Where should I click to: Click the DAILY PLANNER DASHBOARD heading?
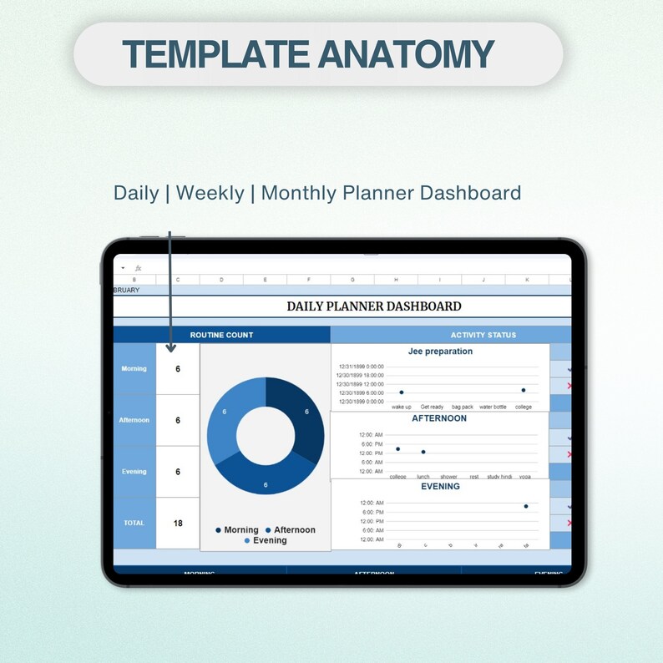pyautogui.click(x=373, y=306)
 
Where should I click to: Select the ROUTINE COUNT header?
pyautogui.click(x=221, y=335)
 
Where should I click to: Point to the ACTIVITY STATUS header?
pyautogui.click(x=483, y=335)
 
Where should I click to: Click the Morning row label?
pyautogui.click(x=134, y=368)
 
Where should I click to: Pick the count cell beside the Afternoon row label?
pyautogui.click(x=178, y=420)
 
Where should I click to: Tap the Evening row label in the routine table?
pyautogui.click(x=134, y=472)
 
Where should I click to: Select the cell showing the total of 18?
pyautogui.click(x=178, y=524)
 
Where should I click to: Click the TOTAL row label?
pyautogui.click(x=134, y=524)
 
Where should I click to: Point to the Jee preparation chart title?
pyautogui.click(x=440, y=352)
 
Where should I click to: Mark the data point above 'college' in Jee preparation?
pyautogui.click(x=524, y=390)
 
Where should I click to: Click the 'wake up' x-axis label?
pyautogui.click(x=402, y=407)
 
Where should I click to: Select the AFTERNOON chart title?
pyautogui.click(x=439, y=418)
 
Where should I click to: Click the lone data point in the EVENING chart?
pyautogui.click(x=526, y=506)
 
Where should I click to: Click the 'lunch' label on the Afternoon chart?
pyautogui.click(x=423, y=477)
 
